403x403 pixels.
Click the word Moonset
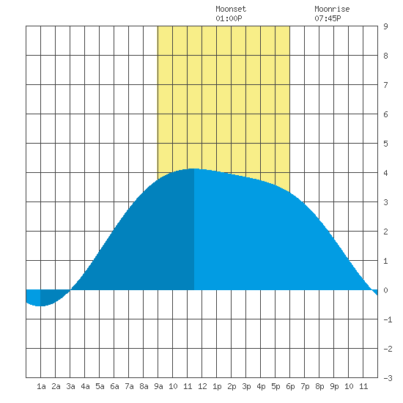coord(231,9)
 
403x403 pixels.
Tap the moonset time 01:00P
coord(229,18)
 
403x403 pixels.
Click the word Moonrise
coord(332,9)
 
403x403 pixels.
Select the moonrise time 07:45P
coord(328,18)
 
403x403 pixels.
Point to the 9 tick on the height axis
coord(385,26)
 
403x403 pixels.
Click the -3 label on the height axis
coord(388,378)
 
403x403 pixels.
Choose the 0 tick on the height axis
coord(385,290)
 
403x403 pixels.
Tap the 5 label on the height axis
coord(385,144)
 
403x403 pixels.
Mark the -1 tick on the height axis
coord(388,319)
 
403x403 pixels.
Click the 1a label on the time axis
coord(41,386)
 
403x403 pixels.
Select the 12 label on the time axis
coord(202,386)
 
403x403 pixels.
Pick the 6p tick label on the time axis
coord(290,386)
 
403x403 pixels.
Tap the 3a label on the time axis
coord(70,386)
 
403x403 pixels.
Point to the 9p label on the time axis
coord(334,386)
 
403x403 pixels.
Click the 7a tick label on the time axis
coord(129,386)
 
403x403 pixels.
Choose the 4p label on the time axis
coord(261,386)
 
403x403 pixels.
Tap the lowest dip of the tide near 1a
coord(40,306)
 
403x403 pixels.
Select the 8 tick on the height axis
coord(385,56)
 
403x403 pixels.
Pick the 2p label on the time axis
coord(232,386)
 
